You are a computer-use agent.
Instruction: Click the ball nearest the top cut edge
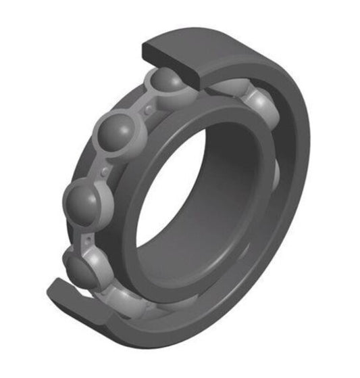(165, 82)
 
